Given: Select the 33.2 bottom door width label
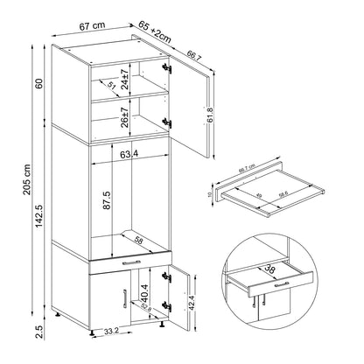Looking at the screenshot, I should click(111, 332).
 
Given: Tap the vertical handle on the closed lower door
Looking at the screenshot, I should click(114, 303).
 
